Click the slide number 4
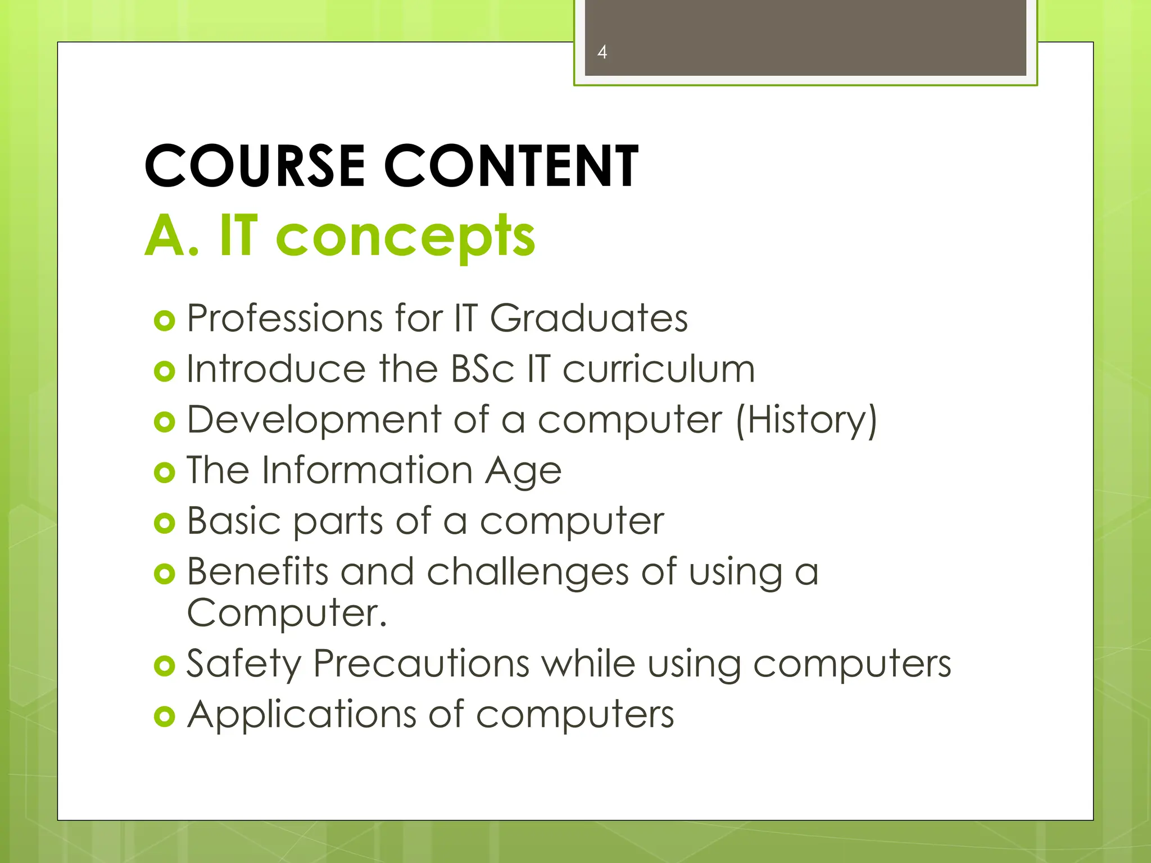coord(602,52)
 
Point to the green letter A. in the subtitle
coord(171,236)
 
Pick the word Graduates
coord(588,319)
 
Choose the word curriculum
coord(659,369)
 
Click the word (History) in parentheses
coord(806,420)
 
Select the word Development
coord(315,420)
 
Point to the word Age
coord(523,471)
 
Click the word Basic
coord(234,521)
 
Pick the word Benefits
coord(257,571)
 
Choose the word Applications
coord(302,715)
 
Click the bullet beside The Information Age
coord(164,473)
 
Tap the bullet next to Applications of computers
coord(164,716)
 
